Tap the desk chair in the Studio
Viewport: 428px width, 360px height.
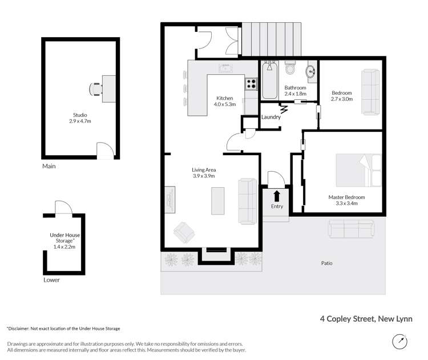(x=96, y=89)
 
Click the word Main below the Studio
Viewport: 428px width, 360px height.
(x=49, y=167)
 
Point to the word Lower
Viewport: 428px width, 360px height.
(x=51, y=280)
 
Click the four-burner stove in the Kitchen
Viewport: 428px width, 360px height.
(x=251, y=84)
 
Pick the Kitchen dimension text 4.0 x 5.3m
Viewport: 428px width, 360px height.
(x=225, y=104)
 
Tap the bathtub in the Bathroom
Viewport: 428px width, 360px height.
(x=269, y=82)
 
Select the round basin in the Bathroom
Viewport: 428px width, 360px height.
(x=311, y=72)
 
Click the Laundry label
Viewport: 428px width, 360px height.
(x=270, y=118)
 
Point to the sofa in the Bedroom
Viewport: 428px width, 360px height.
(x=370, y=92)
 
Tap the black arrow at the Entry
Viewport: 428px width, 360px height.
(x=277, y=196)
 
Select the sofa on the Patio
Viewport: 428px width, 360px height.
(x=352, y=229)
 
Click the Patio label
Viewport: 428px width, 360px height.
(x=326, y=264)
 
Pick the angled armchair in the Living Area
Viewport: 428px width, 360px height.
(x=185, y=232)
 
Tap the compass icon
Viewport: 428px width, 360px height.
(x=400, y=341)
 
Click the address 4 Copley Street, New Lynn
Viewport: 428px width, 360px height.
(x=365, y=319)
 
